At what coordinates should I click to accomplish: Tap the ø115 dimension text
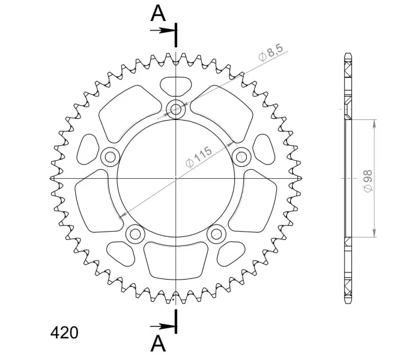[199, 157]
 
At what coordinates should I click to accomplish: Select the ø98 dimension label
[368, 181]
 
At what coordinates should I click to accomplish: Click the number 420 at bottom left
[64, 332]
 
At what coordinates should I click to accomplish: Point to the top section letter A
[158, 13]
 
